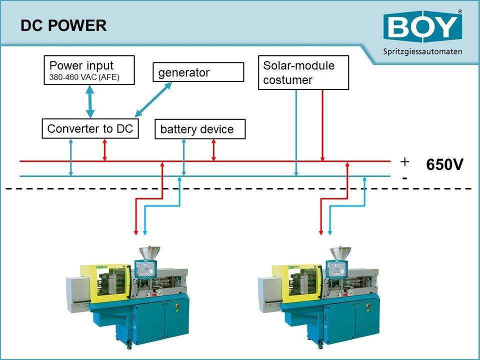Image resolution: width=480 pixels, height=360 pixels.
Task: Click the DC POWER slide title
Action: (x=63, y=25)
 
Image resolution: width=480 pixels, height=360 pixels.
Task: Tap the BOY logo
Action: (x=422, y=28)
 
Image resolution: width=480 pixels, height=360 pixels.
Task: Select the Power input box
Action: (x=89, y=70)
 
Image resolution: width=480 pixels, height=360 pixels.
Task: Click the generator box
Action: (x=198, y=72)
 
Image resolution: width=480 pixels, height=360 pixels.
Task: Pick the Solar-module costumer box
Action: (x=303, y=73)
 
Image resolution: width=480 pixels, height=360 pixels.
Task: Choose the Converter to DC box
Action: (x=90, y=129)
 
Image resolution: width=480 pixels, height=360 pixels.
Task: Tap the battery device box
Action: (x=200, y=129)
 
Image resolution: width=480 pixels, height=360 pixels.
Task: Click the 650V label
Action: (x=444, y=165)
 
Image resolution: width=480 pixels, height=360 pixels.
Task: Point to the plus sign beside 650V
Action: (x=404, y=161)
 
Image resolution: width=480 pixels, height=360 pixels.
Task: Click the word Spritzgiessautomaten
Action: (x=422, y=51)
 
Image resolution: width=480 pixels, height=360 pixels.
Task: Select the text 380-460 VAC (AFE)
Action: (x=84, y=77)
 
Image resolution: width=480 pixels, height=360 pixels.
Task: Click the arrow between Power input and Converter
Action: (x=90, y=102)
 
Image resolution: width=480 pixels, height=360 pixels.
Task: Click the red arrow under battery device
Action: (x=213, y=150)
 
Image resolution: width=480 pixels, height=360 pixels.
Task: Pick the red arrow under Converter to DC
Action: (x=104, y=150)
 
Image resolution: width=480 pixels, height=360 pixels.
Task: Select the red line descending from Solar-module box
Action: (x=323, y=125)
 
